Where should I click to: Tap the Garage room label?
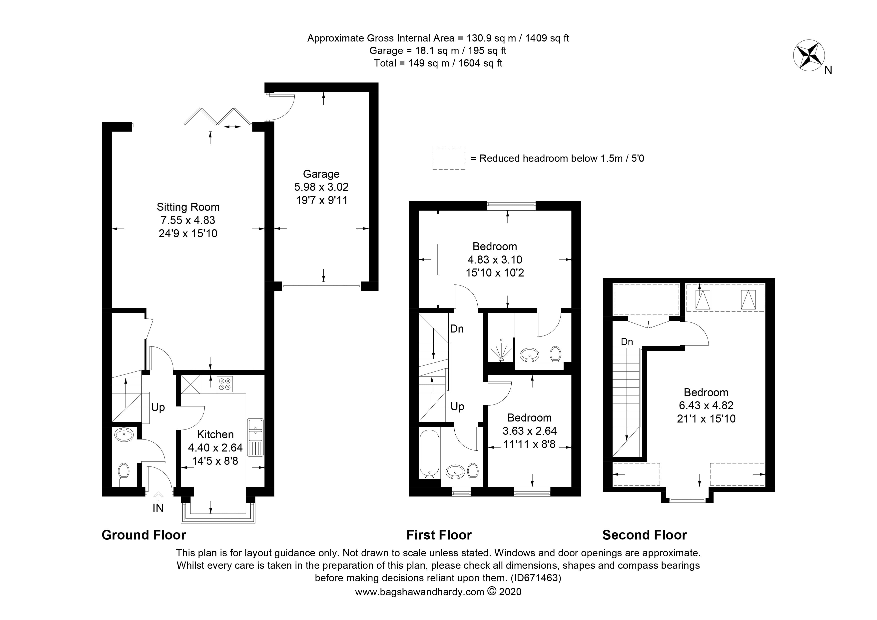pyautogui.click(x=321, y=174)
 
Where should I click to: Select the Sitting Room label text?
pyautogui.click(x=188, y=207)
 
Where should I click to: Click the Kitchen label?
pyautogui.click(x=215, y=434)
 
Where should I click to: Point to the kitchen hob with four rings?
pyautogui.click(x=225, y=384)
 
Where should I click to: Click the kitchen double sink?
pyautogui.click(x=255, y=437)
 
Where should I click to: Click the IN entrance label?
pyautogui.click(x=158, y=508)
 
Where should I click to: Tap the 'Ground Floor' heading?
pyautogui.click(x=144, y=535)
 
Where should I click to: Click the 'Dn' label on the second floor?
pyautogui.click(x=627, y=341)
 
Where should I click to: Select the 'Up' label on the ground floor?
pyautogui.click(x=158, y=407)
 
